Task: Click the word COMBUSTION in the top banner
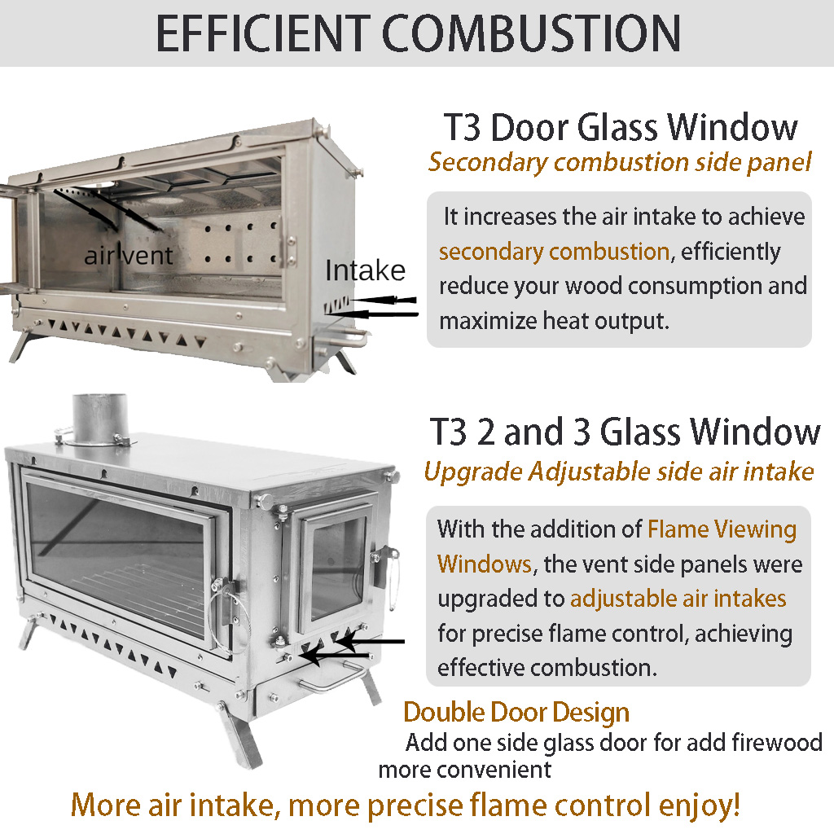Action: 531,33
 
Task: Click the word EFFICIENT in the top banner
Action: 263,33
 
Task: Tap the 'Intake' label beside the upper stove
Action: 366,270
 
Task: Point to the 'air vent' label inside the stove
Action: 128,255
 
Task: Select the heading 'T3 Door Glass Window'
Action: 621,127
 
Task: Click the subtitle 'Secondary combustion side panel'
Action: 620,163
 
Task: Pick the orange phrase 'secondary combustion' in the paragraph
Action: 554,252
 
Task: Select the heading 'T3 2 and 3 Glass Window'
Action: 625,432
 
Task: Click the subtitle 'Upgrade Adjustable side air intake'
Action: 619,472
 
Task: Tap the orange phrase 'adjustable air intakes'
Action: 678,599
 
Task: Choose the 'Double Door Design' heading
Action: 516,713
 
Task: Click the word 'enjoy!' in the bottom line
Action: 699,805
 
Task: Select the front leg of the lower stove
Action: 239,735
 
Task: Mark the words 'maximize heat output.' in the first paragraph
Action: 554,321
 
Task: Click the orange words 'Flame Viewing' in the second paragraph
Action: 722,529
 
